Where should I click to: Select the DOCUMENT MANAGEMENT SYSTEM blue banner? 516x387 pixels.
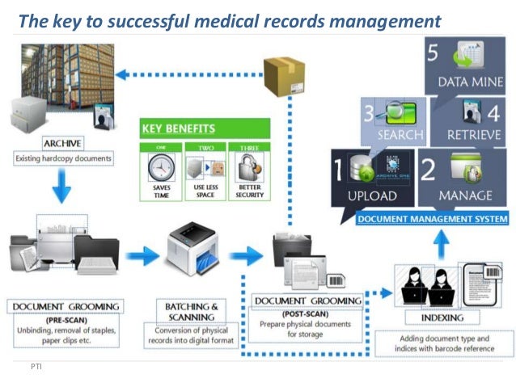(x=433, y=219)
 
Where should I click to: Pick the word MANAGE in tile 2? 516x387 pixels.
(x=465, y=196)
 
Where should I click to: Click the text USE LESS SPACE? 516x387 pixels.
(x=204, y=191)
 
